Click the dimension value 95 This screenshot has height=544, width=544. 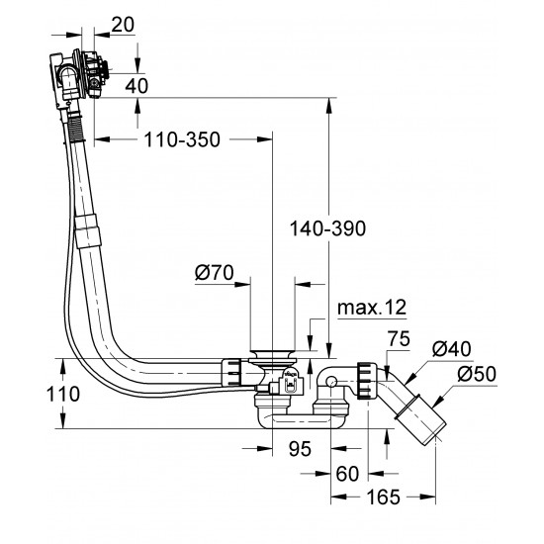(299, 449)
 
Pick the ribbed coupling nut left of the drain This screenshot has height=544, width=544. (230, 372)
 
